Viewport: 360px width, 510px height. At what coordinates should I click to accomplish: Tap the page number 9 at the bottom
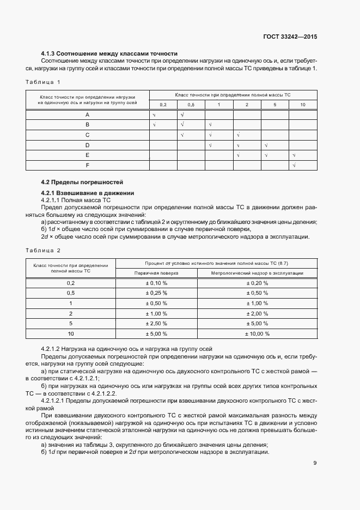pyautogui.click(x=315, y=463)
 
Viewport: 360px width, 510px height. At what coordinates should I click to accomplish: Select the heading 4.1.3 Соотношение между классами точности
pyautogui.click(x=109, y=54)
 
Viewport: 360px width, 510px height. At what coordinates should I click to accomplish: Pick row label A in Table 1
pyautogui.click(x=87, y=115)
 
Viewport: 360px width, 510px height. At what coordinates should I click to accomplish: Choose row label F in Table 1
pyautogui.click(x=87, y=165)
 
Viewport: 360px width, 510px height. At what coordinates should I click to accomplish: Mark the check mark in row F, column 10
pyautogui.click(x=294, y=165)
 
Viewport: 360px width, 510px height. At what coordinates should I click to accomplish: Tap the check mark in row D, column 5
pyautogui.click(x=267, y=145)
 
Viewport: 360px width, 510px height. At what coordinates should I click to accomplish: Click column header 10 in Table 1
pyautogui.click(x=302, y=104)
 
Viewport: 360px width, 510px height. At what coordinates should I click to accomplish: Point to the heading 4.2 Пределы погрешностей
pyautogui.click(x=82, y=181)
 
